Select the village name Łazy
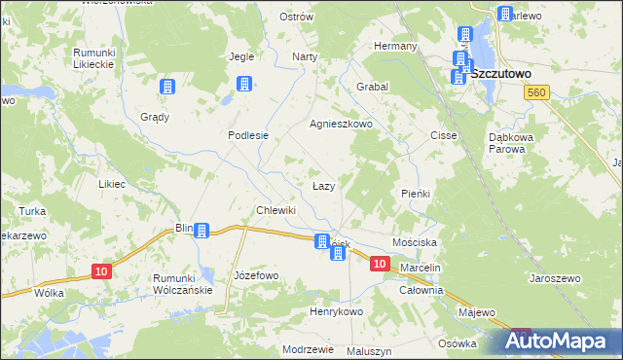coord(324,185)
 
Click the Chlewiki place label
coord(275,210)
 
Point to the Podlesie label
coord(247,136)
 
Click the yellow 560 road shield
coord(534,91)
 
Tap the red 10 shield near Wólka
coord(101,271)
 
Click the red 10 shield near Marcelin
coord(380,264)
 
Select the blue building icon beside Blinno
coord(202,231)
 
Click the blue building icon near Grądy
coord(167,87)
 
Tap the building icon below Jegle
coord(244,84)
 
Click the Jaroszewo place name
coord(555,278)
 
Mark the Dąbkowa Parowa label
coord(511,143)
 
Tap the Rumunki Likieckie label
coord(94,57)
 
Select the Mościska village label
coord(416,239)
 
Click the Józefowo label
coord(256,275)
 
